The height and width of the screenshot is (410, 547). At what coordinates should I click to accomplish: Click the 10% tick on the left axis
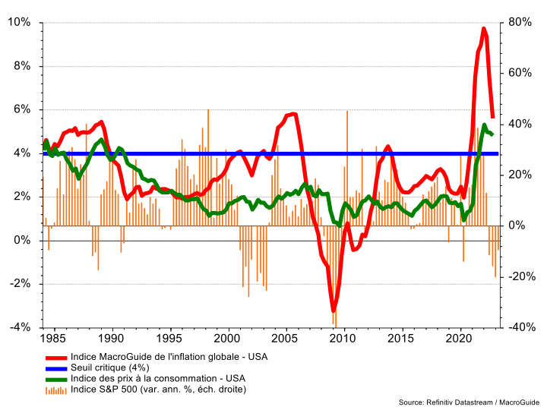pyautogui.click(x=20, y=22)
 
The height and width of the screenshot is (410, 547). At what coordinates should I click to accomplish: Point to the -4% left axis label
pyautogui.click(x=19, y=327)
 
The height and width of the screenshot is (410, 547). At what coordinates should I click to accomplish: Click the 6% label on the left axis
pyautogui.click(x=21, y=109)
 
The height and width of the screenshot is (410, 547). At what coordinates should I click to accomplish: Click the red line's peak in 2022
pyautogui.click(x=484, y=29)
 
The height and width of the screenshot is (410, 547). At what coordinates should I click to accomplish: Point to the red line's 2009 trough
pyautogui.click(x=333, y=311)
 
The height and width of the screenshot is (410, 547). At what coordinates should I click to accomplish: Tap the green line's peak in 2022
pyautogui.click(x=485, y=125)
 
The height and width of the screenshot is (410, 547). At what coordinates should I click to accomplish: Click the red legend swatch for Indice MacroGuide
pyautogui.click(x=55, y=355)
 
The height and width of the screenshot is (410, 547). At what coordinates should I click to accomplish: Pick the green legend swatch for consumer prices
pyautogui.click(x=55, y=378)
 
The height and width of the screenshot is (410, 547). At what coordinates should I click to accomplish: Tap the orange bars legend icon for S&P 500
pyautogui.click(x=55, y=389)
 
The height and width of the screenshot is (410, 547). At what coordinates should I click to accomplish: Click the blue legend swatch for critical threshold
pyautogui.click(x=55, y=367)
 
